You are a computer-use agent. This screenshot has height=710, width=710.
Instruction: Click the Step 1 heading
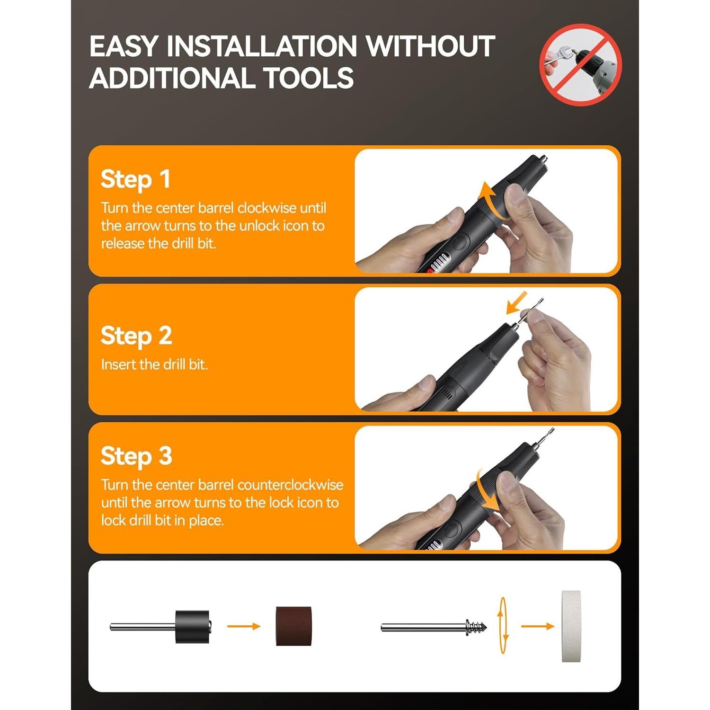point(135,179)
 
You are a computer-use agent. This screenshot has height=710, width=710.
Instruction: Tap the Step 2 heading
point(136,336)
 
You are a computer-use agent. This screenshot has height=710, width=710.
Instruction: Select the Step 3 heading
point(136,456)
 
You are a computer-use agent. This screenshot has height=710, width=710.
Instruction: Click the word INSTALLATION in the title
point(262,46)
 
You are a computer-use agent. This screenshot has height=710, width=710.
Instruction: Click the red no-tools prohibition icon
point(580,65)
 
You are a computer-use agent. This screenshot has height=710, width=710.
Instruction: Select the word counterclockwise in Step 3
point(290,485)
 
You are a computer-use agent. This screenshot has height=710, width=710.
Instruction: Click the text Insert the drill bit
point(154,364)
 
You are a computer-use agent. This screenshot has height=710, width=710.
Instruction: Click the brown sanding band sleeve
point(294,626)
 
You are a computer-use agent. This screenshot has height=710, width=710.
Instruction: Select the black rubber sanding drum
point(192,626)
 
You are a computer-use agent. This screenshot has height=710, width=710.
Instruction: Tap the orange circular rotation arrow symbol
point(503,626)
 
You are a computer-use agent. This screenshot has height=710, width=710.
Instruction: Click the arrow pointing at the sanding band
point(244,626)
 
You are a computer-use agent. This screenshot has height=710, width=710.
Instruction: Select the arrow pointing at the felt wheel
point(537,626)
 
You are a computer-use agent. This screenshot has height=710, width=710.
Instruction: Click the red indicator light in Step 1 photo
point(431,271)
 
